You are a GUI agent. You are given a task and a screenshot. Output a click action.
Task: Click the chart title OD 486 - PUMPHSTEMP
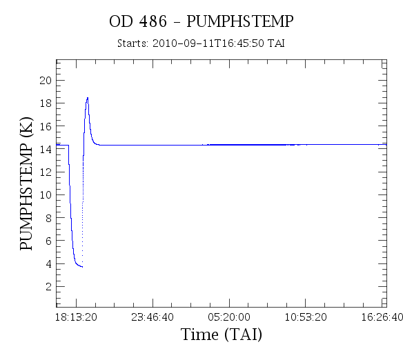click(201, 21)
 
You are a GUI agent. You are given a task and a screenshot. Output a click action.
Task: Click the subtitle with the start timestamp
click(201, 43)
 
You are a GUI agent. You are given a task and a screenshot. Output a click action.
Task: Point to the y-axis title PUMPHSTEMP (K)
click(26, 183)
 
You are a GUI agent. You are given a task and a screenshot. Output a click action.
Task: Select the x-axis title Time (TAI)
click(222, 334)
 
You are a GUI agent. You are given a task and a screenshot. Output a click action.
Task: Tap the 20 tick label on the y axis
click(46, 81)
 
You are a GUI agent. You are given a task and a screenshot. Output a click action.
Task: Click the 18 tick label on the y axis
click(46, 103)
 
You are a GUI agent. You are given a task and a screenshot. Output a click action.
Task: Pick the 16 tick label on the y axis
click(46, 126)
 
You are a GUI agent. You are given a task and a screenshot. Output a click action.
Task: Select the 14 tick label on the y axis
click(46, 149)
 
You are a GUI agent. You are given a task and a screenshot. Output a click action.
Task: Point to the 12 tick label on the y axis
click(46, 172)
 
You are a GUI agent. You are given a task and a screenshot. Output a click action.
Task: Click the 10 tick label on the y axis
click(46, 195)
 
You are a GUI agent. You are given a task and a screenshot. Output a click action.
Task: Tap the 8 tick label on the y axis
click(48, 218)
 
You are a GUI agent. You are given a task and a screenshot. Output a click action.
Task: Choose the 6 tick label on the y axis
click(48, 241)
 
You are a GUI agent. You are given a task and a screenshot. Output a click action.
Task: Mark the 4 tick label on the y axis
click(48, 263)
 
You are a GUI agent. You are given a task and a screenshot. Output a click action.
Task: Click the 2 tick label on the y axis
click(48, 287)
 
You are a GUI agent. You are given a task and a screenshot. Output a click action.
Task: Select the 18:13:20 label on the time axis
click(76, 317)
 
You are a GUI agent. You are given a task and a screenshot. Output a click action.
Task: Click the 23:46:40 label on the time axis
click(153, 317)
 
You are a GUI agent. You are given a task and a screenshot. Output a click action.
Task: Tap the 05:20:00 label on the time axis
click(229, 317)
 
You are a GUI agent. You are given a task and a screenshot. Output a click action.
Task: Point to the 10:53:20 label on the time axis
click(306, 317)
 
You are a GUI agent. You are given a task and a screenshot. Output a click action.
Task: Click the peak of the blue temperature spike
click(88, 97)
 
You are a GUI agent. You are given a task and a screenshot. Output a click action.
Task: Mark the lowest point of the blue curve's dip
click(82, 267)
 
